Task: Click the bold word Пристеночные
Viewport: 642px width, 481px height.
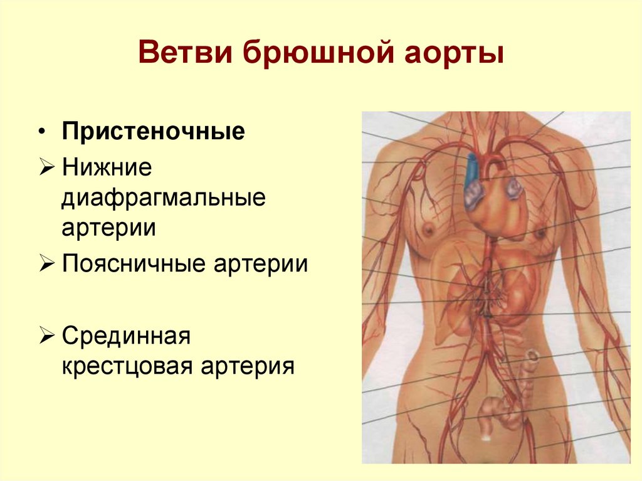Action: pyautogui.click(x=153, y=133)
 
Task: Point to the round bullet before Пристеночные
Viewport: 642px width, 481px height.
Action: pyautogui.click(x=41, y=134)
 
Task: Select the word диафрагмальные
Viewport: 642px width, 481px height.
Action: pyautogui.click(x=164, y=198)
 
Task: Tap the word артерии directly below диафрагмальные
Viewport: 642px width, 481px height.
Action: pyautogui.click(x=108, y=226)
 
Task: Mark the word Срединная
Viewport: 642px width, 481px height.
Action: pyautogui.click(x=126, y=336)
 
